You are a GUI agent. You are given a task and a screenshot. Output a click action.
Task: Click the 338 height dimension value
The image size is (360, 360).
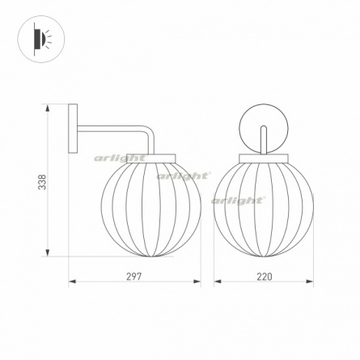click(42, 182)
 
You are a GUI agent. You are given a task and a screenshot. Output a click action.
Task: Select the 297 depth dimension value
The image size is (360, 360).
click(134, 277)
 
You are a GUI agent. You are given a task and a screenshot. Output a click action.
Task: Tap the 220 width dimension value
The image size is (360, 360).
click(265, 277)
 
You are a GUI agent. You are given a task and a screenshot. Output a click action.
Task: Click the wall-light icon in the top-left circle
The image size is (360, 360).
click(42, 40)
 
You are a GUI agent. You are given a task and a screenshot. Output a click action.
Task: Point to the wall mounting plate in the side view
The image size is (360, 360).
click(73, 129)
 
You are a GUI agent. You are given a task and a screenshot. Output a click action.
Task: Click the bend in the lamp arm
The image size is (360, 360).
click(149, 131)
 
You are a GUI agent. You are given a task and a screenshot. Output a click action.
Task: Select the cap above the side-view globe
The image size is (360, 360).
click(151, 159)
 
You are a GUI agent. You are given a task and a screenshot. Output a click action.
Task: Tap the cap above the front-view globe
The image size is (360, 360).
click(264, 159)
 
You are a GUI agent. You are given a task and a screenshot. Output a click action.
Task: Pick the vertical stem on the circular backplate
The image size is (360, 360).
click(264, 140)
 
